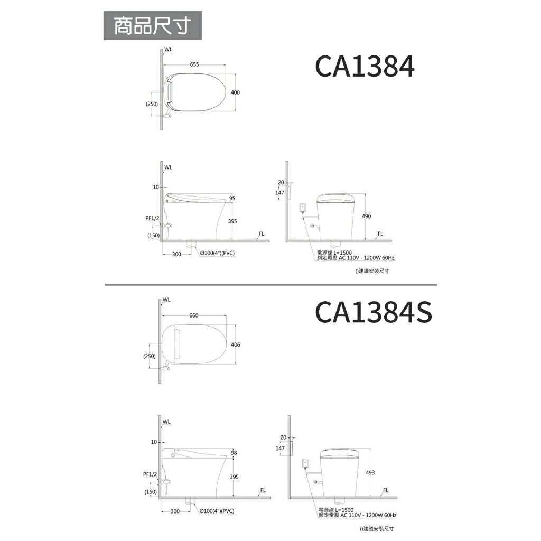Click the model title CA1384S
[374, 312]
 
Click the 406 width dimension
[236, 344]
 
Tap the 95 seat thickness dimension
[232, 198]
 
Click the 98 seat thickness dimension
[234, 453]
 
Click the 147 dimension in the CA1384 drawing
[280, 193]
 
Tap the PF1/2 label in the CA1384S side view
[151, 474]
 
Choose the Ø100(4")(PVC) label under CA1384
[218, 254]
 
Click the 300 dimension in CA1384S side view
[176, 511]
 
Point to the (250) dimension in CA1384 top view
[152, 104]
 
